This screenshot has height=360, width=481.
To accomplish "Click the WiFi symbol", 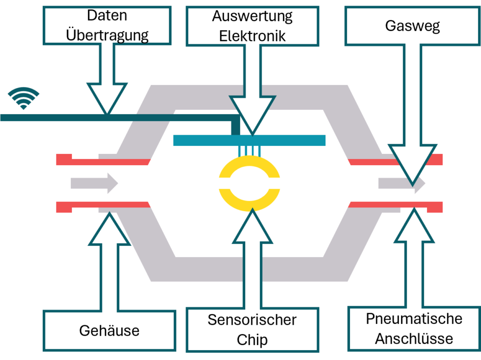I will [23, 98].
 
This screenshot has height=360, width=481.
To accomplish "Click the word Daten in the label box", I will [107, 15].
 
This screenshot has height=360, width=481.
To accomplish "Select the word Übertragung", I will [107, 35].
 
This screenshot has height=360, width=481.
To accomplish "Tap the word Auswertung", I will [252, 16].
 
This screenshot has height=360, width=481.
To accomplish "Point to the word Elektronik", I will [252, 36].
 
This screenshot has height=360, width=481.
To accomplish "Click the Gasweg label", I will [412, 25].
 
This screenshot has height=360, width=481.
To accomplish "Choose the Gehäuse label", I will [109, 330].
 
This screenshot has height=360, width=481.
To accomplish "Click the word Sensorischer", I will [252, 320].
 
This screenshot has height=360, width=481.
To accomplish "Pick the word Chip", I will [252, 339].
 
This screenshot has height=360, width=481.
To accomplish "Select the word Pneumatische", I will [414, 318].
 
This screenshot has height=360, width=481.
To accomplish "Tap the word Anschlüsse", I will [414, 338].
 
